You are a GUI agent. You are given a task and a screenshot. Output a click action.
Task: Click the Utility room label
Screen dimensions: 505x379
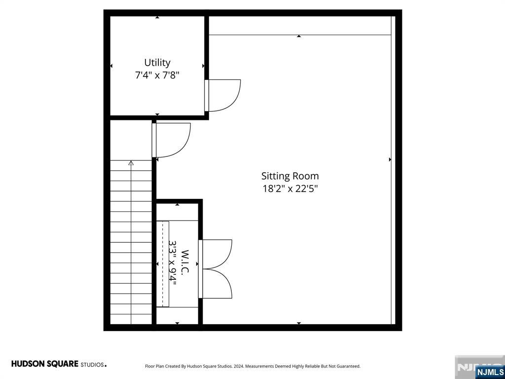tap(157, 63)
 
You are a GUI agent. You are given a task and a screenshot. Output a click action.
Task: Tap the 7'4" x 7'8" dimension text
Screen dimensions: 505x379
tap(157, 76)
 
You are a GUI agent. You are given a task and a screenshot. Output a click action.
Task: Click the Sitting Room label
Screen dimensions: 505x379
tap(290, 176)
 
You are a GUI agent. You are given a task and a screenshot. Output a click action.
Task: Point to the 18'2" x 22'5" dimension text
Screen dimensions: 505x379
tap(290, 189)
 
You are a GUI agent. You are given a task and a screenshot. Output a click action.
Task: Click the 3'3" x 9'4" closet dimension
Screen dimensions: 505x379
tap(173, 263)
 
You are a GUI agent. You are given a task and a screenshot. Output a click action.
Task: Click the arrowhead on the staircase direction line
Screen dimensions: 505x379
tap(131, 163)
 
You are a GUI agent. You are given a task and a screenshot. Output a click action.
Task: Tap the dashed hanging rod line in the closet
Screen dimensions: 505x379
tap(163, 264)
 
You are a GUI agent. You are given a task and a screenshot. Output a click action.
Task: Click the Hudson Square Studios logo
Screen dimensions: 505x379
tap(59, 364)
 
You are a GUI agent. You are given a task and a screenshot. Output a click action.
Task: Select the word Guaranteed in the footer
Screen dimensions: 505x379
tap(349, 366)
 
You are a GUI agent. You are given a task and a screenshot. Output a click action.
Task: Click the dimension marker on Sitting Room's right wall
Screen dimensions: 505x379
tap(390, 159)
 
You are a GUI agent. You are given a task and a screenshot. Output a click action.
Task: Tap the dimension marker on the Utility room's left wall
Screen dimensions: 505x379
tap(111, 66)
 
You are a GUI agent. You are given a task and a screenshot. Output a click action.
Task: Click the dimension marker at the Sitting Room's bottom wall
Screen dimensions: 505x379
tap(299, 323)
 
